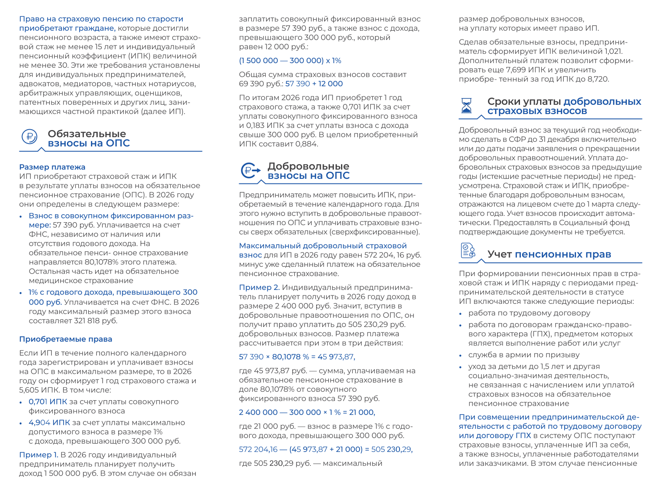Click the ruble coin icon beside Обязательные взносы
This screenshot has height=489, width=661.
(x=29, y=137)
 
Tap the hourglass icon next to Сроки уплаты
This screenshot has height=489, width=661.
(x=466, y=106)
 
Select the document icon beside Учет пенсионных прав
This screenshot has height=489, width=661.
(x=468, y=251)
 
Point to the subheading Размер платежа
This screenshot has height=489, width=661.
(x=52, y=167)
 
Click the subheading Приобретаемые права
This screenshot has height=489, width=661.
(x=66, y=339)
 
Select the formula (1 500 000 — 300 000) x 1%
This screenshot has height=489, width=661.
(x=290, y=61)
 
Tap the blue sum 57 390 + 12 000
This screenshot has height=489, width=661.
(x=314, y=84)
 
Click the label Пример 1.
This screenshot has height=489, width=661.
(x=39, y=455)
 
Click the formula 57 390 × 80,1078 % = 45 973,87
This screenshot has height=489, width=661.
(x=297, y=357)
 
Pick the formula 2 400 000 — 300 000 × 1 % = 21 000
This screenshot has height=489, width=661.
(x=307, y=412)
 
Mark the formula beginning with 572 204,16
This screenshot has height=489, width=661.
(x=325, y=449)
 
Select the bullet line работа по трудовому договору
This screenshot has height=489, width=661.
(x=529, y=313)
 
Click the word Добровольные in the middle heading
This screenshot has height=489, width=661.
(x=309, y=166)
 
